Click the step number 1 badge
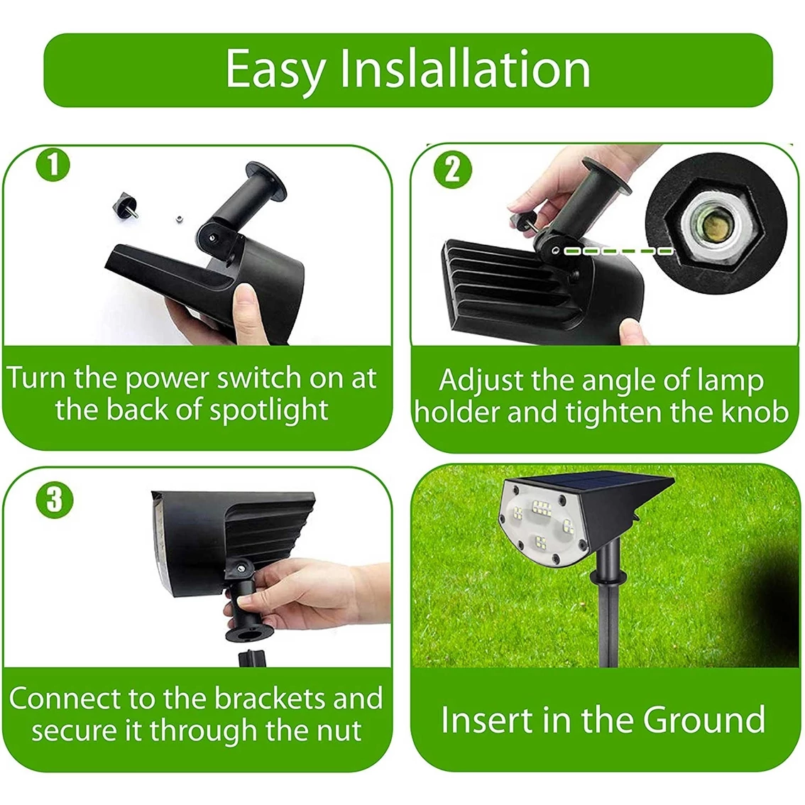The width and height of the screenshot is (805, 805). [53, 166]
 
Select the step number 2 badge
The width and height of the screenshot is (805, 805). [452, 170]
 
